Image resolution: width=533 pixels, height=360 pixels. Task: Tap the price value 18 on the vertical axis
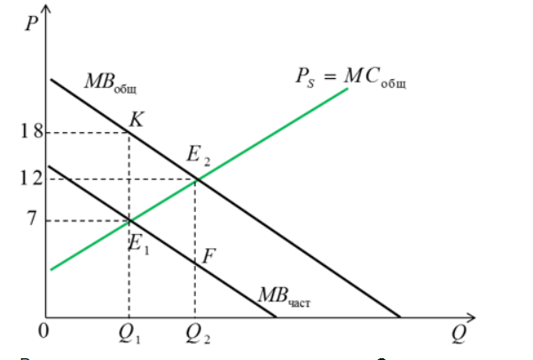pos(31,133)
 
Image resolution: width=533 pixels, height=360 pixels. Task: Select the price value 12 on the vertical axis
pos(31,178)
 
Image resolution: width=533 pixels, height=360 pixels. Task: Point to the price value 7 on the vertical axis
pos(33,218)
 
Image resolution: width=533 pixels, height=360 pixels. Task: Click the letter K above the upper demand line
pos(136,117)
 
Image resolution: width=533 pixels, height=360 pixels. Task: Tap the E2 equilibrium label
pos(199,158)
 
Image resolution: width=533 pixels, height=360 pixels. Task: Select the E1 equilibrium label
pos(139,244)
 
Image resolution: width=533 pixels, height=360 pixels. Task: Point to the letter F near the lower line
pos(209,257)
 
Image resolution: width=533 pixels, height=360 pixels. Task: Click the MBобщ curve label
pos(110,82)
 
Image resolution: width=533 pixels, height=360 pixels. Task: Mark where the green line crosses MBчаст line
pos(129,220)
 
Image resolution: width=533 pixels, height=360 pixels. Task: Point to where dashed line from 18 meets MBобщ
pos(129,133)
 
